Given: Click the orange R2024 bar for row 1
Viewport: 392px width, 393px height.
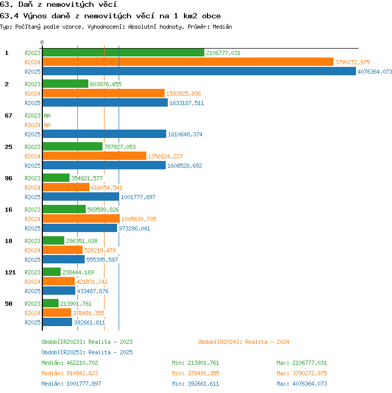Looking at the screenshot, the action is tap(188, 62).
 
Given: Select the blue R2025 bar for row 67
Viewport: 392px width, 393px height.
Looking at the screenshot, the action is tap(104, 134).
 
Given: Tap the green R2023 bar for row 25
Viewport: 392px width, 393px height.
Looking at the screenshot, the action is tap(73, 147).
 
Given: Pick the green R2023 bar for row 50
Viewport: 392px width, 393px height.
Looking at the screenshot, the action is tap(51, 303).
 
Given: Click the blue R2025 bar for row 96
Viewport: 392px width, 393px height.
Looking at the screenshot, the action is tap(81, 196).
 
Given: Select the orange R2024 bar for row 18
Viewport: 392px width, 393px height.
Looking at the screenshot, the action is tap(63, 250).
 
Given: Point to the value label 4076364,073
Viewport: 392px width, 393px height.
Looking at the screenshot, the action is tap(375, 72).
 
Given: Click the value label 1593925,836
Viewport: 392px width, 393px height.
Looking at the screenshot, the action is tap(183, 94).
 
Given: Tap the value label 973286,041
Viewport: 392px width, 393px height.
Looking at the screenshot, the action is tap(134, 228).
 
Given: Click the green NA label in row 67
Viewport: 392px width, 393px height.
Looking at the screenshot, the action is tap(47, 115).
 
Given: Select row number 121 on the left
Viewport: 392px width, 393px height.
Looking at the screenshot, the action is tap(10, 272).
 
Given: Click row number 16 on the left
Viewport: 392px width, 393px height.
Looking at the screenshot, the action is tap(8, 210).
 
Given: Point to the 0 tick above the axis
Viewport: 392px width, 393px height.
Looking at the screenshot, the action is tap(42, 42).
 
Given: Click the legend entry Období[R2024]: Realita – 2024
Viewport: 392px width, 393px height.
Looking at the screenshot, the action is tap(244, 342).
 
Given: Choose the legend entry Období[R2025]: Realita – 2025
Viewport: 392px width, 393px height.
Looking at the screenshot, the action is tap(87, 352).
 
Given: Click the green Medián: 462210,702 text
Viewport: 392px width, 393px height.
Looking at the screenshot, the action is tap(70, 363).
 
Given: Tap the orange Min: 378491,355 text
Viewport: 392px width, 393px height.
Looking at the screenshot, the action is tap(195, 374).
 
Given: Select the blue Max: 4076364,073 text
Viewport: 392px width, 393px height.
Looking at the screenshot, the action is tap(302, 384).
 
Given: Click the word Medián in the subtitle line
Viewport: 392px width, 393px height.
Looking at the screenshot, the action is tap(222, 27).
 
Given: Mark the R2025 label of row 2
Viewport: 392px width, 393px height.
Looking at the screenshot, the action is tap(32, 103).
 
